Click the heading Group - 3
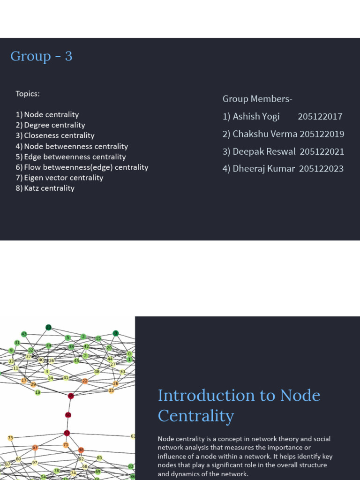coord(41,56)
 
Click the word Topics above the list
coord(28,93)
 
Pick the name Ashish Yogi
coord(256,116)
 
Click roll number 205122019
coord(322,134)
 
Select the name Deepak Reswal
coord(265,151)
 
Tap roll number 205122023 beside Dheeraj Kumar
coord(321,168)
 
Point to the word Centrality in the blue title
coord(196,415)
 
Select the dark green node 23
coord(48,327)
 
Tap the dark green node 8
coord(116,333)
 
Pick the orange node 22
coord(84,381)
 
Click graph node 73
coord(10,438)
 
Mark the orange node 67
coord(35,448)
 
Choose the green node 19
coord(37,392)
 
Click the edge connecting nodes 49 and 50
coord(69,405)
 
